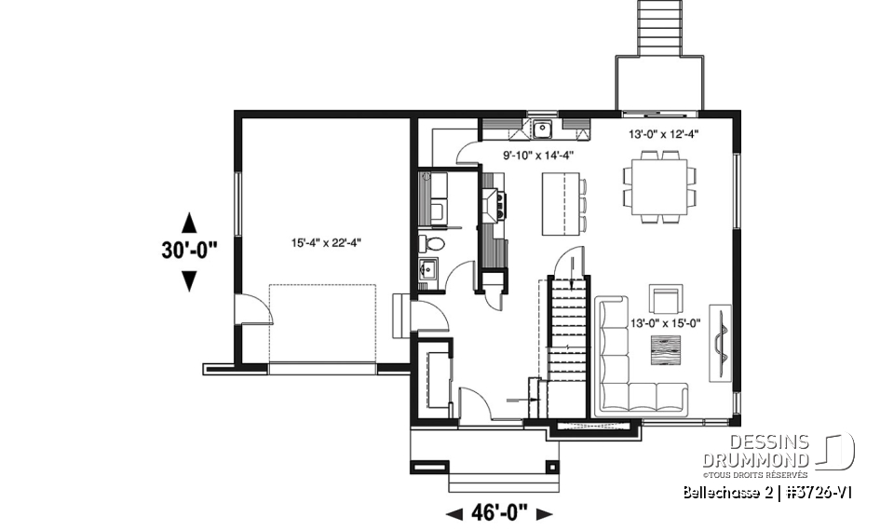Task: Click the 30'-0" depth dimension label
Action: tap(188, 250)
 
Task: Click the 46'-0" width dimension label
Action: tap(499, 511)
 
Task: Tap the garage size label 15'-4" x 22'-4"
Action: tap(325, 243)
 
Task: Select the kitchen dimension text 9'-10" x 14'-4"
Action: tap(539, 156)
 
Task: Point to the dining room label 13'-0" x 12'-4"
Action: tap(664, 133)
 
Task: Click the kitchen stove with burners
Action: tap(494, 203)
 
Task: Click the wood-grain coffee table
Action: tap(665, 352)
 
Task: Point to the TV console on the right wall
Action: tap(720, 342)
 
